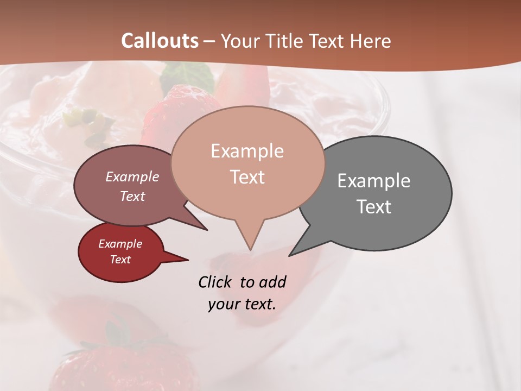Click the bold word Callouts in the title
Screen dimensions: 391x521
coord(160,41)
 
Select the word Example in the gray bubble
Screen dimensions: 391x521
coord(374,181)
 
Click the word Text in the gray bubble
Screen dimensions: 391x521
coord(374,207)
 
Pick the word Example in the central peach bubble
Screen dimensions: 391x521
coord(247,151)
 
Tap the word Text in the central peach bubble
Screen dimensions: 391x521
coord(247,177)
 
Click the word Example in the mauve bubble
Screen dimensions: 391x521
coord(132,176)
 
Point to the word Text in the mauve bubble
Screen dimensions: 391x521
coord(132,196)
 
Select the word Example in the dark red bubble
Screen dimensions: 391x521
coord(120,244)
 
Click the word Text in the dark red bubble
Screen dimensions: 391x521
coord(120,260)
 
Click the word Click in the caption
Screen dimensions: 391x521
coord(215,282)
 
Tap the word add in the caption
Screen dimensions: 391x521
coord(272,282)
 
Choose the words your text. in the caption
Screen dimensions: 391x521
coord(242,304)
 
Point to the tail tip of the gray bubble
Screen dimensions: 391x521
coord(291,254)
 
